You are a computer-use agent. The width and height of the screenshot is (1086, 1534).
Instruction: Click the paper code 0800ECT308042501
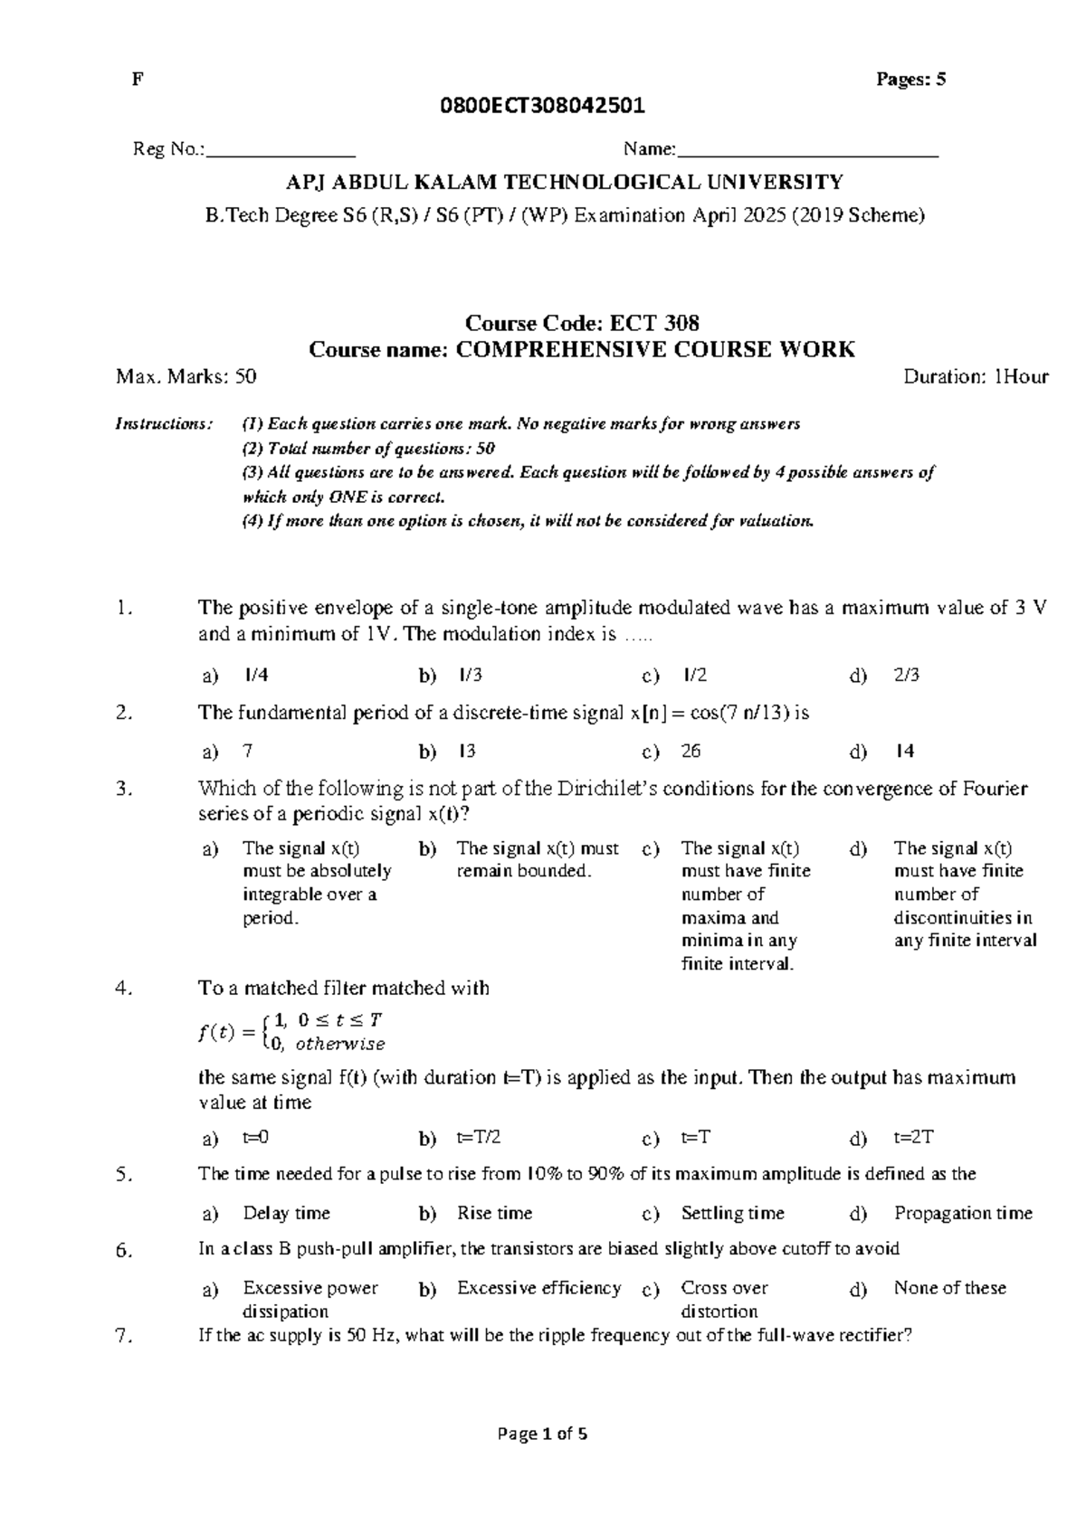point(542,106)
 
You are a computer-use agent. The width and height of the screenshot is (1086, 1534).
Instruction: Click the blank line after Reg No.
point(281,150)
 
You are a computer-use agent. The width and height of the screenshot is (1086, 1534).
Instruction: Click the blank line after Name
point(807,150)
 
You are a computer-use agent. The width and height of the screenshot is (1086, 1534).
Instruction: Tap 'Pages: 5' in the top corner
point(910,80)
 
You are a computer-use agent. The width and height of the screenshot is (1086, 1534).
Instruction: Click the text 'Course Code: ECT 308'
point(581,323)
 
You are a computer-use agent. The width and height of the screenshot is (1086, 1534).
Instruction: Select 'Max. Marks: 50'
point(186,376)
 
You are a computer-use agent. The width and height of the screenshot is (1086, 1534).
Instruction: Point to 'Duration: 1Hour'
point(976,376)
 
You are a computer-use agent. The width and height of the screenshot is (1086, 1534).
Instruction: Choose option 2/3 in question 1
point(906,675)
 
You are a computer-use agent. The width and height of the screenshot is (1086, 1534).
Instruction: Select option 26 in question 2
point(691,751)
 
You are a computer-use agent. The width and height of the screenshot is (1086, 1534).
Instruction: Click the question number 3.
point(125,789)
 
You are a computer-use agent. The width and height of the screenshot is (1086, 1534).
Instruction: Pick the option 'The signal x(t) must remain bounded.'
point(538,859)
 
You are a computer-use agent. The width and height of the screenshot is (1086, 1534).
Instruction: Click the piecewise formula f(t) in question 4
point(291,1031)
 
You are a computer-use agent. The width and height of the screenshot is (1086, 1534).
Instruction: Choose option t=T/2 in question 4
point(479,1137)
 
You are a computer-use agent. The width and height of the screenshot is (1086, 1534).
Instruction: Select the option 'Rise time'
point(494,1213)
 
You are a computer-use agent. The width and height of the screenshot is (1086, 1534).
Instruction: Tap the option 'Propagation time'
point(962,1213)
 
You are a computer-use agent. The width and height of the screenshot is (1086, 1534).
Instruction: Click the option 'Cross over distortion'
point(723,1299)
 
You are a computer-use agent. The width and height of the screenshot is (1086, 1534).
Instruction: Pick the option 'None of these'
point(949,1287)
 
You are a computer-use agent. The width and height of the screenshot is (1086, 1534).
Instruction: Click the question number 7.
point(125,1337)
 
